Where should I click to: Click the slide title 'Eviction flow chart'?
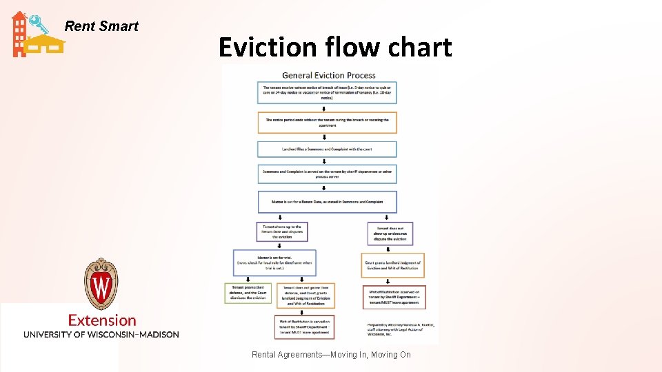click(335, 47)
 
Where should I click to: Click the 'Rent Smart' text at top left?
click(101, 26)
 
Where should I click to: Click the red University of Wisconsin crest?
click(101, 284)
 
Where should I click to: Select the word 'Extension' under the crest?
click(102, 320)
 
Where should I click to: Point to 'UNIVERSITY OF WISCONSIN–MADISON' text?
click(101, 335)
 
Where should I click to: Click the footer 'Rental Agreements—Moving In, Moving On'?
click(331, 355)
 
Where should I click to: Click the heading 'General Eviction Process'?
click(329, 75)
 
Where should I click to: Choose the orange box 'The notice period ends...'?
click(327, 123)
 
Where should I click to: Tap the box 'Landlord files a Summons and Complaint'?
click(327, 149)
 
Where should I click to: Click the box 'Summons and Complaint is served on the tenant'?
click(327, 174)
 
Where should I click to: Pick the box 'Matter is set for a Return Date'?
click(327, 202)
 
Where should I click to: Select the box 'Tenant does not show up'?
click(392, 234)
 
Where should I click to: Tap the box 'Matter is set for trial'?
click(274, 262)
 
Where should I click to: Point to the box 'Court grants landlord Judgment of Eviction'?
click(392, 265)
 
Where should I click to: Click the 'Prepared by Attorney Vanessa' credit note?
click(401, 329)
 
